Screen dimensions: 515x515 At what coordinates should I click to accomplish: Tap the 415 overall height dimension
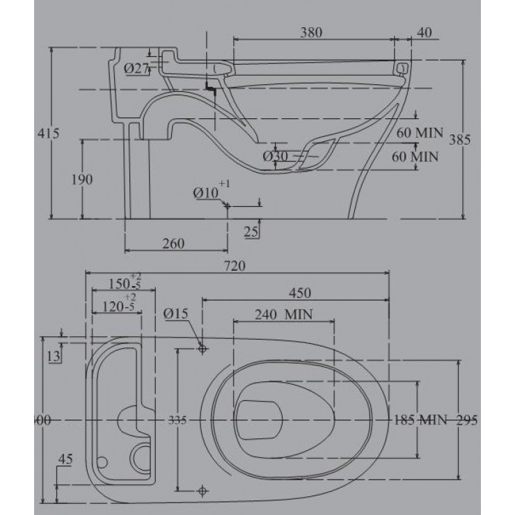point(44,133)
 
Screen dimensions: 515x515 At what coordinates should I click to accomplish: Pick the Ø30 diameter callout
point(276,157)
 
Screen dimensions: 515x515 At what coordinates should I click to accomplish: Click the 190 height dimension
point(82,180)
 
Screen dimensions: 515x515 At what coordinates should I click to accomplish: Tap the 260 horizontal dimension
point(173,243)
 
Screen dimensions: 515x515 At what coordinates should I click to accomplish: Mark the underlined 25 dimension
point(252,230)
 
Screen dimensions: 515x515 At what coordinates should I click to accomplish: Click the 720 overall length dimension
point(238,265)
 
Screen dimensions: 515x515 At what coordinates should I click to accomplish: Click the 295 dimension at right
point(469,420)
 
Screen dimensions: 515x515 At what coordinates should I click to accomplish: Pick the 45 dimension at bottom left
point(66,459)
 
